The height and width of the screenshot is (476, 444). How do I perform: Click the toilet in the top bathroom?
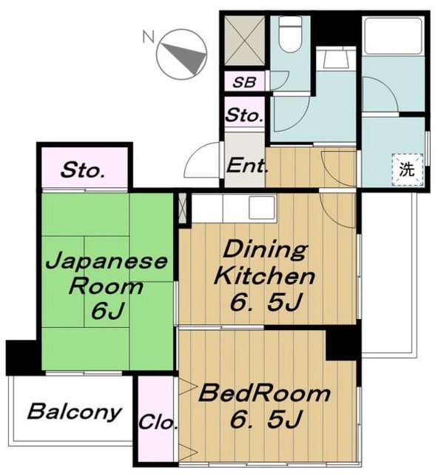pyautogui.click(x=290, y=33)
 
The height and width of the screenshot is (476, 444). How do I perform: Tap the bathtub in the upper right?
pyautogui.click(x=394, y=36)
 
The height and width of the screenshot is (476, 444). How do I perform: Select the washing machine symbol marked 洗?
pyautogui.click(x=407, y=170)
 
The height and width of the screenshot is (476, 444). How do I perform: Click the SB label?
pyautogui.click(x=244, y=82)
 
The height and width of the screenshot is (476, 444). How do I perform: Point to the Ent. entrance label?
pyautogui.click(x=247, y=166)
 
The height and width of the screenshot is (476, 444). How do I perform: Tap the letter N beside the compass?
pyautogui.click(x=149, y=37)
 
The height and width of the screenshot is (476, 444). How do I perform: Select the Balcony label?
pyautogui.click(x=75, y=412)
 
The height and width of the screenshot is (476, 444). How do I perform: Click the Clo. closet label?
pyautogui.click(x=158, y=422)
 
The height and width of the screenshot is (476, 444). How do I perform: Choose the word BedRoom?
pyautogui.click(x=264, y=393)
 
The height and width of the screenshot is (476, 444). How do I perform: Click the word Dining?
pyautogui.click(x=265, y=249)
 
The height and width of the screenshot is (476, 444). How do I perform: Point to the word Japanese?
pyautogui.click(x=107, y=261)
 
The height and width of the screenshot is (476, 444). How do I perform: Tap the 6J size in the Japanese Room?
pyautogui.click(x=108, y=310)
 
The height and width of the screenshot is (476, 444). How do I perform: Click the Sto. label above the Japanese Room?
pyautogui.click(x=83, y=170)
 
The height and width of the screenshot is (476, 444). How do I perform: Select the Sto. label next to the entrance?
pyautogui.click(x=244, y=115)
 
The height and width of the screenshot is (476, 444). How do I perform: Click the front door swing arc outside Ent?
pyautogui.click(x=201, y=160)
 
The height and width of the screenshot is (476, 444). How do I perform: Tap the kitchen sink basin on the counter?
pyautogui.click(x=262, y=207)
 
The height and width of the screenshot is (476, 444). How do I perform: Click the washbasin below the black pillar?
pyautogui.click(x=335, y=59)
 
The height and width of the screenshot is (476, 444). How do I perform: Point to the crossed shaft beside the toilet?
pyautogui.click(x=244, y=40)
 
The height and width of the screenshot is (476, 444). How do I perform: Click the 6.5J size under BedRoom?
pyautogui.click(x=266, y=419)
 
